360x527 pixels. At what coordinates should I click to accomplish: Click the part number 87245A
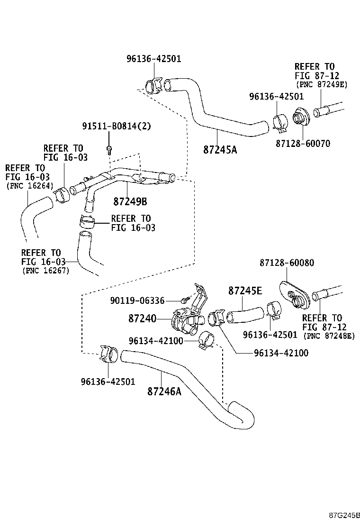pos(220,150)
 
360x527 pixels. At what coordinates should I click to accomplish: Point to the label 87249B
pos(130,201)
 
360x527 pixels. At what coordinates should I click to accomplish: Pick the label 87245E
pos(245,291)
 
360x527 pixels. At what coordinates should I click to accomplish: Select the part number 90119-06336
pos(137,300)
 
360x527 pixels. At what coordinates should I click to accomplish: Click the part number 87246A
pos(164,391)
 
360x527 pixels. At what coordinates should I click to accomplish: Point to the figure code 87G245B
pos(345,515)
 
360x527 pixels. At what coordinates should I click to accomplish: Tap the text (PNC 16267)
pos(45,271)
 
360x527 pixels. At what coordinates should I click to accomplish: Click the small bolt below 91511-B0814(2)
pos(109,149)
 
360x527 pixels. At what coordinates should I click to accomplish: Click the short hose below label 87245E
pos(245,315)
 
